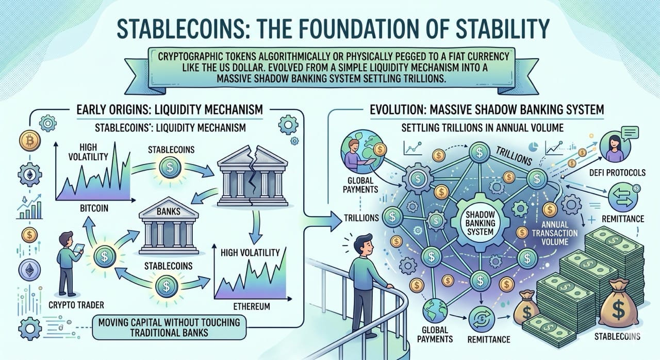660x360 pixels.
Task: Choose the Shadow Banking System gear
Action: [480, 224]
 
